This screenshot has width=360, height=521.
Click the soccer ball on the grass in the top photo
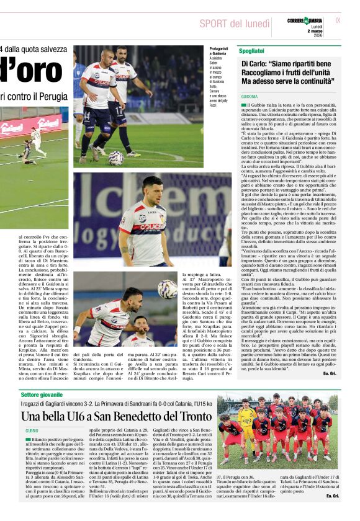(x=116, y=158)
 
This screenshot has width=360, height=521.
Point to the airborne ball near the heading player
(x=167, y=289)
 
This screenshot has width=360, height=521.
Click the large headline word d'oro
(x=31, y=70)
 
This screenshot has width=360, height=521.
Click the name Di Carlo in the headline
(x=256, y=64)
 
